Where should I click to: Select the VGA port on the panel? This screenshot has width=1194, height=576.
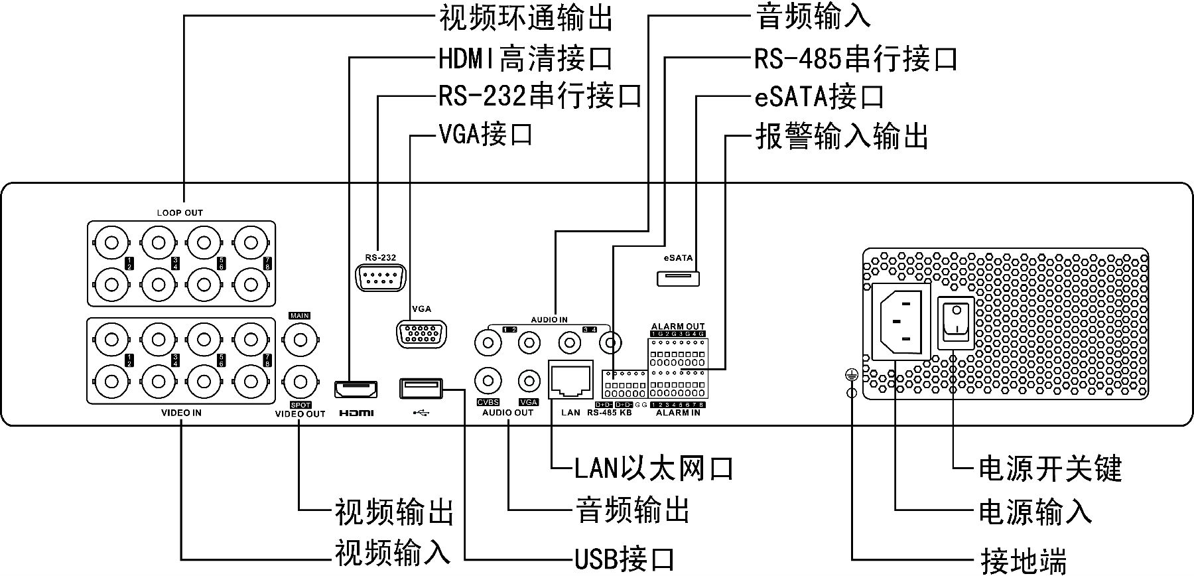pos(421,332)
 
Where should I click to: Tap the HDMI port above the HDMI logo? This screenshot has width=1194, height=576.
pos(356,389)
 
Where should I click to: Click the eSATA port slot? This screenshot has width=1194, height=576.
pos(678,277)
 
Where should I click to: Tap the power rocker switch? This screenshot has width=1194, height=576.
pos(955,323)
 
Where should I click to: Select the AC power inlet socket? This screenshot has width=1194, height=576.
pos(900,322)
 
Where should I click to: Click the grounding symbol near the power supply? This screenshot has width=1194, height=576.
pos(851,376)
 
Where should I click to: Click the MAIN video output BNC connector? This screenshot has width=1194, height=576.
pos(300,340)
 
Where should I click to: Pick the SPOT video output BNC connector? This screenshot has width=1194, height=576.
pos(300,382)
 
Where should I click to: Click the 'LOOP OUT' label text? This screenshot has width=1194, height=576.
pos(180,213)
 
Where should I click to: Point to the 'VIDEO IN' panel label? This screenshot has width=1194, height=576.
pos(181,413)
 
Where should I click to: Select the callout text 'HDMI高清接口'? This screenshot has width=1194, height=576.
pos(525,59)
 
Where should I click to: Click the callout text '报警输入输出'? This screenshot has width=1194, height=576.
pos(841,136)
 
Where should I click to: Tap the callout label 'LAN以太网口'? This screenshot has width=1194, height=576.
pos(653,468)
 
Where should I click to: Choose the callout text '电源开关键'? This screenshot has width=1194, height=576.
pos(1049,468)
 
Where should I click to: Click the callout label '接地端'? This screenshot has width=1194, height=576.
pos(1023,561)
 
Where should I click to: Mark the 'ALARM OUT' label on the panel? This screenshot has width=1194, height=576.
pos(677,326)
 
